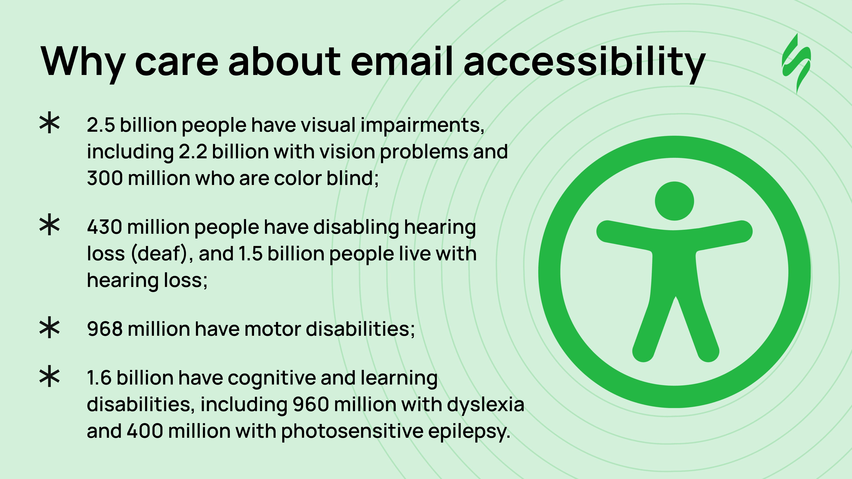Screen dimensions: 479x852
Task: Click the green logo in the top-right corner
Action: (797, 63)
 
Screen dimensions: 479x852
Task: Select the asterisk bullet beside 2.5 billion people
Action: (50, 123)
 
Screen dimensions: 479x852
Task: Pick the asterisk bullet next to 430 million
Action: (50, 225)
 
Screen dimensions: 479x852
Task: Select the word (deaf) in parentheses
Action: (160, 254)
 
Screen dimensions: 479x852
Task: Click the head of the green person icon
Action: (674, 201)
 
